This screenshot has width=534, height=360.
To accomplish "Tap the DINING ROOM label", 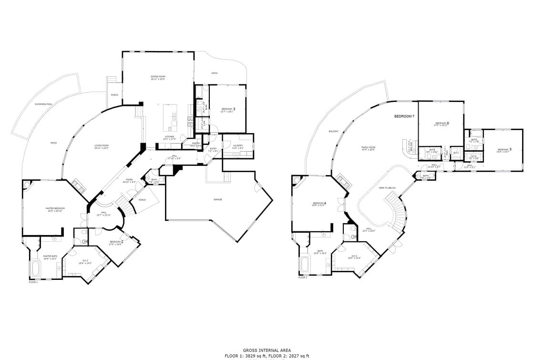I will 158,77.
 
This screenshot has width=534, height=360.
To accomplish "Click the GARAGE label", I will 218,199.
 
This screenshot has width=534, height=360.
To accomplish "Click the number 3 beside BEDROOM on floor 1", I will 234,109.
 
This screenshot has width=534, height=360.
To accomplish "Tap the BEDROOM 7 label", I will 404,116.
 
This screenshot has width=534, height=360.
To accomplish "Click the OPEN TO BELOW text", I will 387,188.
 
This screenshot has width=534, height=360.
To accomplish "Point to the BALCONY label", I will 333,131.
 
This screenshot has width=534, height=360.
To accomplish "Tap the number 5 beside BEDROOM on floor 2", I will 511,149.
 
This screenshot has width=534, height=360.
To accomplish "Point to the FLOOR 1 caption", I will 33,282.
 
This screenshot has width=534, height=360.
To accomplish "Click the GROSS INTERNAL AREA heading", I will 267,350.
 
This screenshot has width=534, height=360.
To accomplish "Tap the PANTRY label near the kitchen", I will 195,143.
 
